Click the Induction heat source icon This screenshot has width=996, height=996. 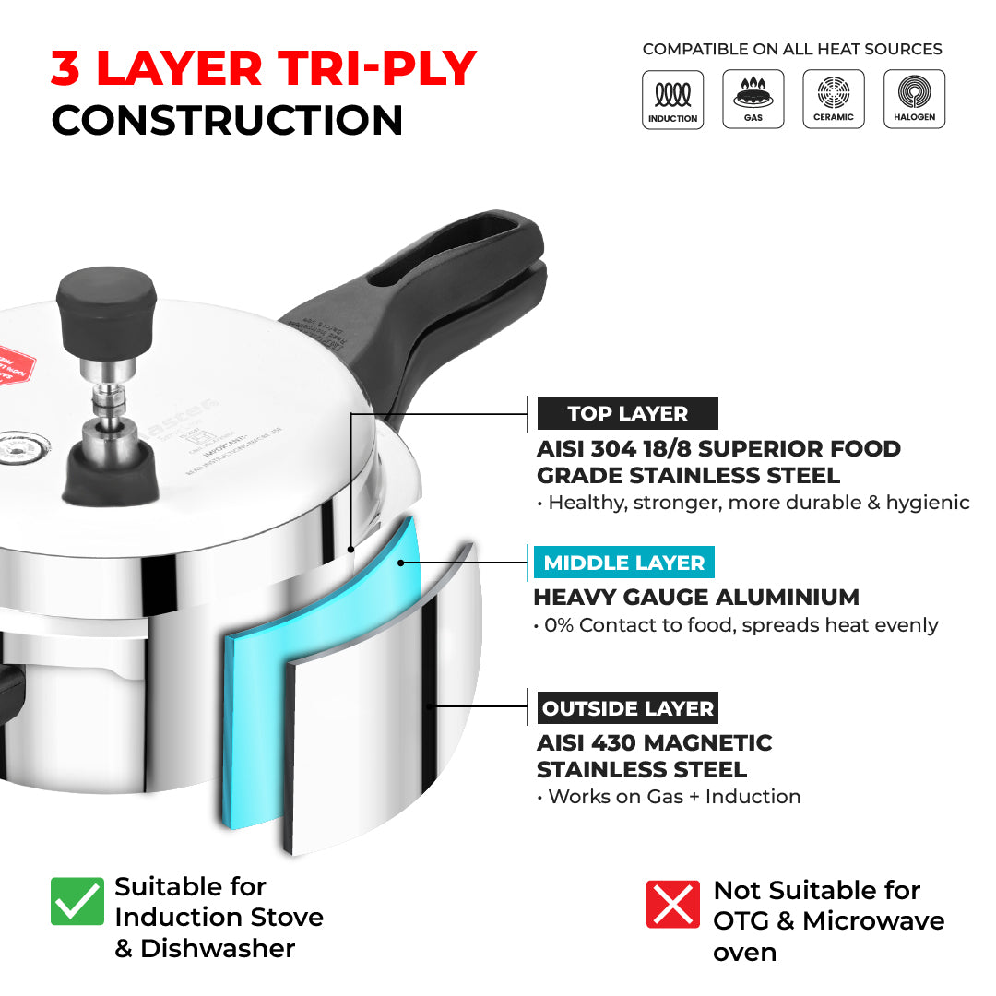pyautogui.click(x=672, y=100)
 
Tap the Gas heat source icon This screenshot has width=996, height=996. pyautogui.click(x=753, y=100)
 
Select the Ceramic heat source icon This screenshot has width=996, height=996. pyautogui.click(x=834, y=100)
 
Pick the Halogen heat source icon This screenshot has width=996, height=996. pyautogui.click(x=914, y=100)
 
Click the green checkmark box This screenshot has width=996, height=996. pyautogui.click(x=77, y=901)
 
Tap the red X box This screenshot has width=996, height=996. pyautogui.click(x=673, y=903)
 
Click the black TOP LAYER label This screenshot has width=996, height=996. pyautogui.click(x=627, y=414)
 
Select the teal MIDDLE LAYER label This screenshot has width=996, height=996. pyautogui.click(x=623, y=563)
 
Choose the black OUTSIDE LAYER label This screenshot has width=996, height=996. pyautogui.click(x=627, y=708)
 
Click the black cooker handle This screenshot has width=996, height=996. pyautogui.click(x=433, y=304)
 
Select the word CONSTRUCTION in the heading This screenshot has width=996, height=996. pyautogui.click(x=227, y=120)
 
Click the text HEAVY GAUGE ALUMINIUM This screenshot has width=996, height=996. pyautogui.click(x=696, y=597)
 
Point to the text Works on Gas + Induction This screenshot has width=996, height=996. pyautogui.click(x=673, y=796)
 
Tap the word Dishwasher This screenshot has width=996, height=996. pyautogui.click(x=218, y=948)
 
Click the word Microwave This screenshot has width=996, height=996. pyautogui.click(x=873, y=920)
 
